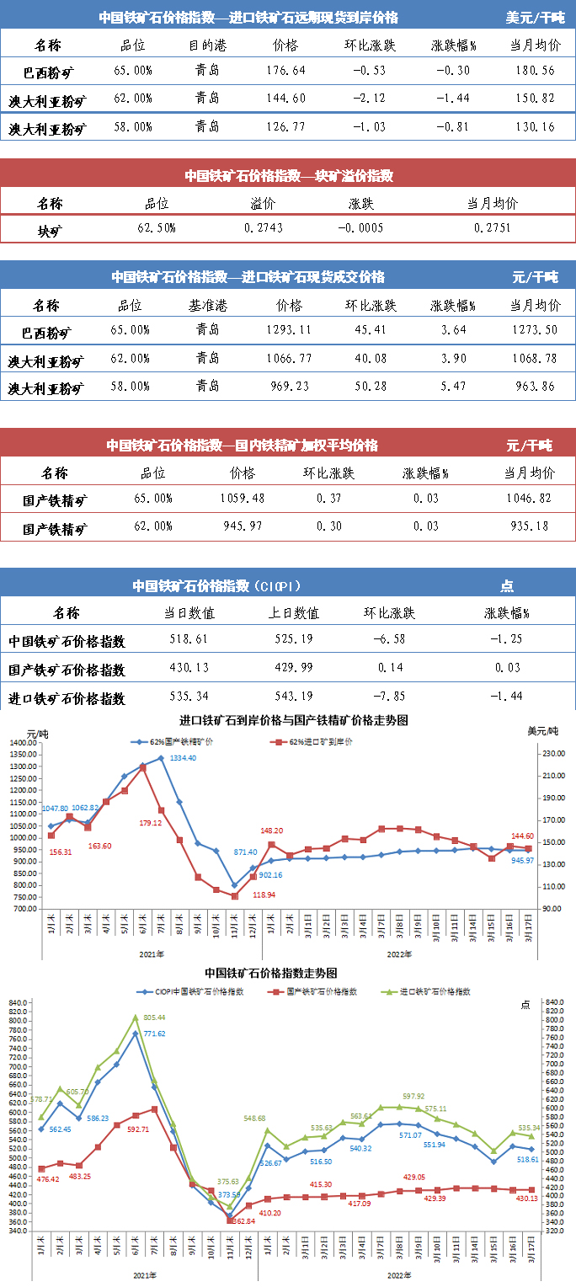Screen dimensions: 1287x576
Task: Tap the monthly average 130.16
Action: [x=533, y=128]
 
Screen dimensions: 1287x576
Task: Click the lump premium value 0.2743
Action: [x=264, y=228]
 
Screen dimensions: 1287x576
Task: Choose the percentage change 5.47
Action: [x=454, y=387]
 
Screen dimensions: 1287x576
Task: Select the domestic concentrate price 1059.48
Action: [x=242, y=499]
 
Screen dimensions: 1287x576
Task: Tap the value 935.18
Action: [x=529, y=527]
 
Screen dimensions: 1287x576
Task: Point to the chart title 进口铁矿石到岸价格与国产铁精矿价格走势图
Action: [x=294, y=721]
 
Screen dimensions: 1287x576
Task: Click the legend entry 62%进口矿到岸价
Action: [x=316, y=743]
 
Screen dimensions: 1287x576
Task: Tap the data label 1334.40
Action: [x=183, y=759]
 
